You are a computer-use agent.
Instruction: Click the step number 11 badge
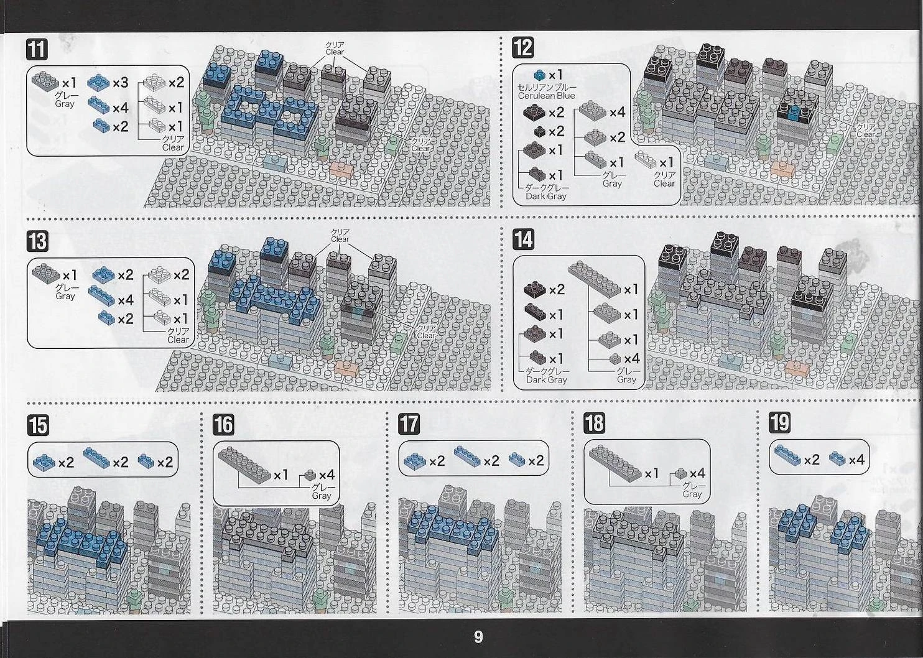pyautogui.click(x=37, y=50)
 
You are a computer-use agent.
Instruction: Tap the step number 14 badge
pyautogui.click(x=523, y=240)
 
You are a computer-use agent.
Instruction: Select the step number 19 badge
pyautogui.click(x=780, y=423)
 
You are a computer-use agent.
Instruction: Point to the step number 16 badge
pyautogui.click(x=224, y=424)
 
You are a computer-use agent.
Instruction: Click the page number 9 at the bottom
pyautogui.click(x=478, y=637)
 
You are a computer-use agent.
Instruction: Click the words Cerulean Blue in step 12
pyautogui.click(x=546, y=96)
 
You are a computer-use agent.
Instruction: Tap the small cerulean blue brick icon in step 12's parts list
pyautogui.click(x=539, y=75)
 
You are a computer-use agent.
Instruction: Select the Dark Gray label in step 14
pyautogui.click(x=546, y=380)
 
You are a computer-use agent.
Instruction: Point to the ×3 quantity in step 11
pyautogui.click(x=120, y=83)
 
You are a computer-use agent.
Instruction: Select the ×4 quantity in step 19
pyautogui.click(x=857, y=460)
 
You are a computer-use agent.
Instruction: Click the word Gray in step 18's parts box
pyautogui.click(x=692, y=494)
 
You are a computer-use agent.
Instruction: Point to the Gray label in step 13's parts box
pyautogui.click(x=65, y=296)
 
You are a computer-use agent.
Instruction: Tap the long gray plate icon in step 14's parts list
pyautogui.click(x=594, y=279)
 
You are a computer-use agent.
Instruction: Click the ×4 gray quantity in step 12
pyautogui.click(x=617, y=113)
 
